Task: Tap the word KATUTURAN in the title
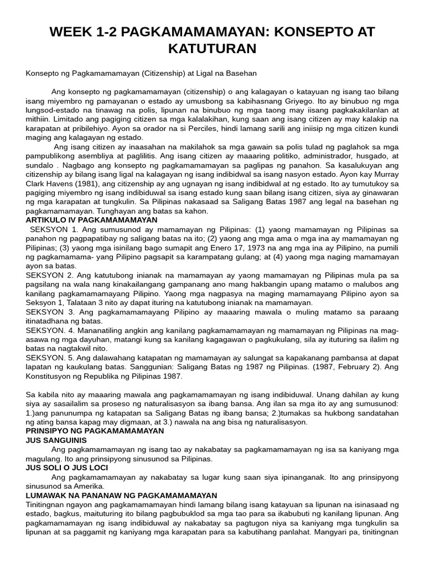(x=212, y=49)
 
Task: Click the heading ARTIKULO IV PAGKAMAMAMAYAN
(x=91, y=220)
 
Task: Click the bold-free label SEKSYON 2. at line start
(x=49, y=275)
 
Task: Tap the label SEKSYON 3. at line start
(x=49, y=312)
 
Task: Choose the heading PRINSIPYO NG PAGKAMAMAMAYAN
(x=95, y=431)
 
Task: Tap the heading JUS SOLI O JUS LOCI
(x=67, y=468)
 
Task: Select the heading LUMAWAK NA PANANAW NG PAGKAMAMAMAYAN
(x=121, y=495)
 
